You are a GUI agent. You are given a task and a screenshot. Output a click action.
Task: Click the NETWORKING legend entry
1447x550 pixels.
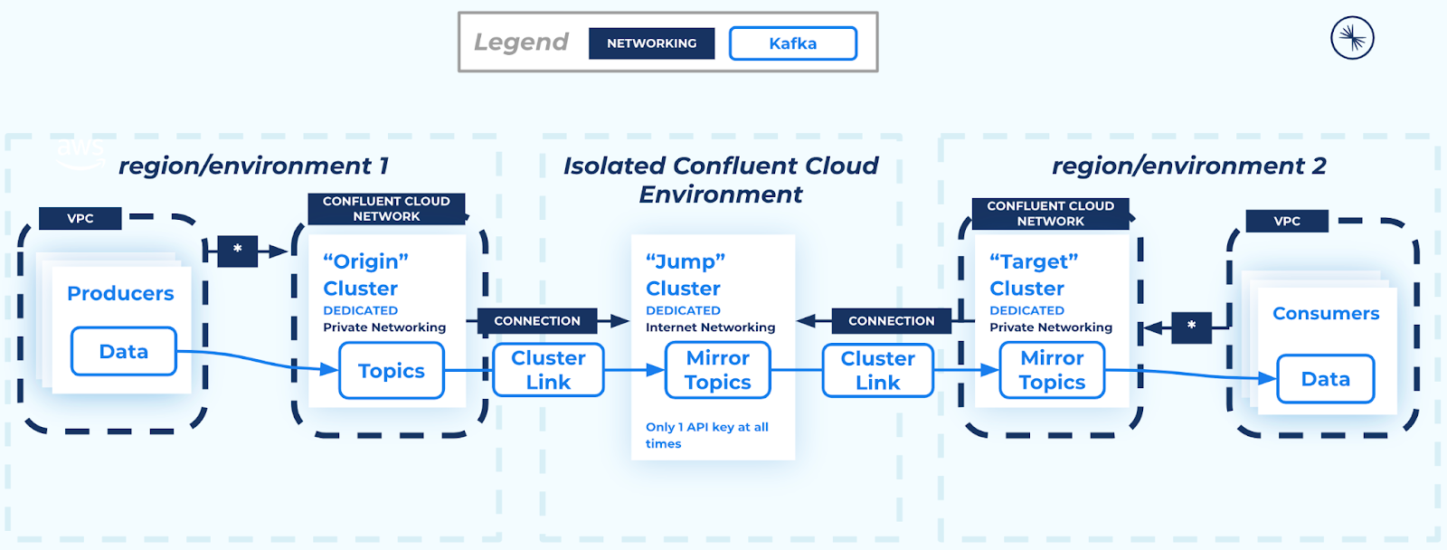point(651,43)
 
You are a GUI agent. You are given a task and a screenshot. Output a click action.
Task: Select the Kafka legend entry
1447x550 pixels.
point(792,43)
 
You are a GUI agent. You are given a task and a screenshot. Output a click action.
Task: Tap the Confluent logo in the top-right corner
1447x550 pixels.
point(1352,38)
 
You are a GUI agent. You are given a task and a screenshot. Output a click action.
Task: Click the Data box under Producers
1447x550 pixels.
point(124,351)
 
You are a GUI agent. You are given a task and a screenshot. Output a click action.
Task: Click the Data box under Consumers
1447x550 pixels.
point(1325,379)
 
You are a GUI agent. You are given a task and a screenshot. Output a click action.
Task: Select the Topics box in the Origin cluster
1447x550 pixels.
point(391,371)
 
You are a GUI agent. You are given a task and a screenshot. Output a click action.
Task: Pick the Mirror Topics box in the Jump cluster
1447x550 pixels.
point(717,370)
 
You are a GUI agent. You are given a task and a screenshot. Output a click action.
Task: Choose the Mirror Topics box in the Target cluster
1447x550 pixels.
point(1052,370)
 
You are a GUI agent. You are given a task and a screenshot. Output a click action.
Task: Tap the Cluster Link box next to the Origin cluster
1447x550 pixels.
point(548,370)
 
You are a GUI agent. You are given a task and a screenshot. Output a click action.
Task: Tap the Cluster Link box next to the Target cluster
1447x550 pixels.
point(877,370)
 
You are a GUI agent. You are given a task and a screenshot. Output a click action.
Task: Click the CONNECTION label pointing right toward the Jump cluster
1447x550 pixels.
point(537,321)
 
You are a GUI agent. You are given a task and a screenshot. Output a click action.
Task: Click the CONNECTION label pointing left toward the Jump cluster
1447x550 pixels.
point(891,321)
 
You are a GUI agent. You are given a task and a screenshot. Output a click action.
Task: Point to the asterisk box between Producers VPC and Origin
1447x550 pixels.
point(238,251)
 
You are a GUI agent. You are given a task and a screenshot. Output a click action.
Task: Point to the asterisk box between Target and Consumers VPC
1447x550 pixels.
point(1191,327)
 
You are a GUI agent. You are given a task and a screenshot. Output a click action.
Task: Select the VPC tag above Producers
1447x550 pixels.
point(80,218)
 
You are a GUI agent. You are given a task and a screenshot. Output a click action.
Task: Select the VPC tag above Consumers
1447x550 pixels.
point(1287,221)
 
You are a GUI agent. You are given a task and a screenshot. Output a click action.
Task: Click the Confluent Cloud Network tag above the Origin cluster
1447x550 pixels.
point(386,209)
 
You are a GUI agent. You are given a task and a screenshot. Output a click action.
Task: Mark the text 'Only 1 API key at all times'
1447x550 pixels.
point(706,435)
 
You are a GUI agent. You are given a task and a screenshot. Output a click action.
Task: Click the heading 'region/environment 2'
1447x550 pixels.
point(1188,166)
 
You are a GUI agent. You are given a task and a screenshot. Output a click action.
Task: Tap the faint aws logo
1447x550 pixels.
point(80,152)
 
